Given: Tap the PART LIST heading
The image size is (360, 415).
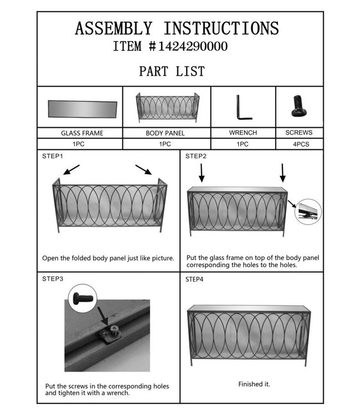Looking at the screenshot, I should point(172,71).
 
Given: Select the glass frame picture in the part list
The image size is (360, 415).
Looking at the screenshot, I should point(83,108).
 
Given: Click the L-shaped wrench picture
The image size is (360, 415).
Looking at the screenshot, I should point(243,107).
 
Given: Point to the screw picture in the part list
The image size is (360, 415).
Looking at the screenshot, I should point(299,106).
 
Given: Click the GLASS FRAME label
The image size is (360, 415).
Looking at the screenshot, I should point(83,133).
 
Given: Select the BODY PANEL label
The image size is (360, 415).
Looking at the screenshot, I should point(165,133).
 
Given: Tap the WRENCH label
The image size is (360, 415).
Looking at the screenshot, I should point(243,133).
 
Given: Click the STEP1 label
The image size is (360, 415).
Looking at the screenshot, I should point(53,156).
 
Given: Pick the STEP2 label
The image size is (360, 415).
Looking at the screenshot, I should point(196,156).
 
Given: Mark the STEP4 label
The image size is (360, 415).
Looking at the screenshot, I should point(194,279).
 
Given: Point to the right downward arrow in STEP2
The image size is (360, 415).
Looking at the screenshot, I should point(282,172).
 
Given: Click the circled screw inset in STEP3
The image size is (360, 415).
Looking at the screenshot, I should point(84,297).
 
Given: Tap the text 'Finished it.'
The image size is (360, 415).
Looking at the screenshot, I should point(254,383).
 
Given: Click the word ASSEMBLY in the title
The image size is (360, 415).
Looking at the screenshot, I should point(114,28).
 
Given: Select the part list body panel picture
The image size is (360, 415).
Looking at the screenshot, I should point(168,108).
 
